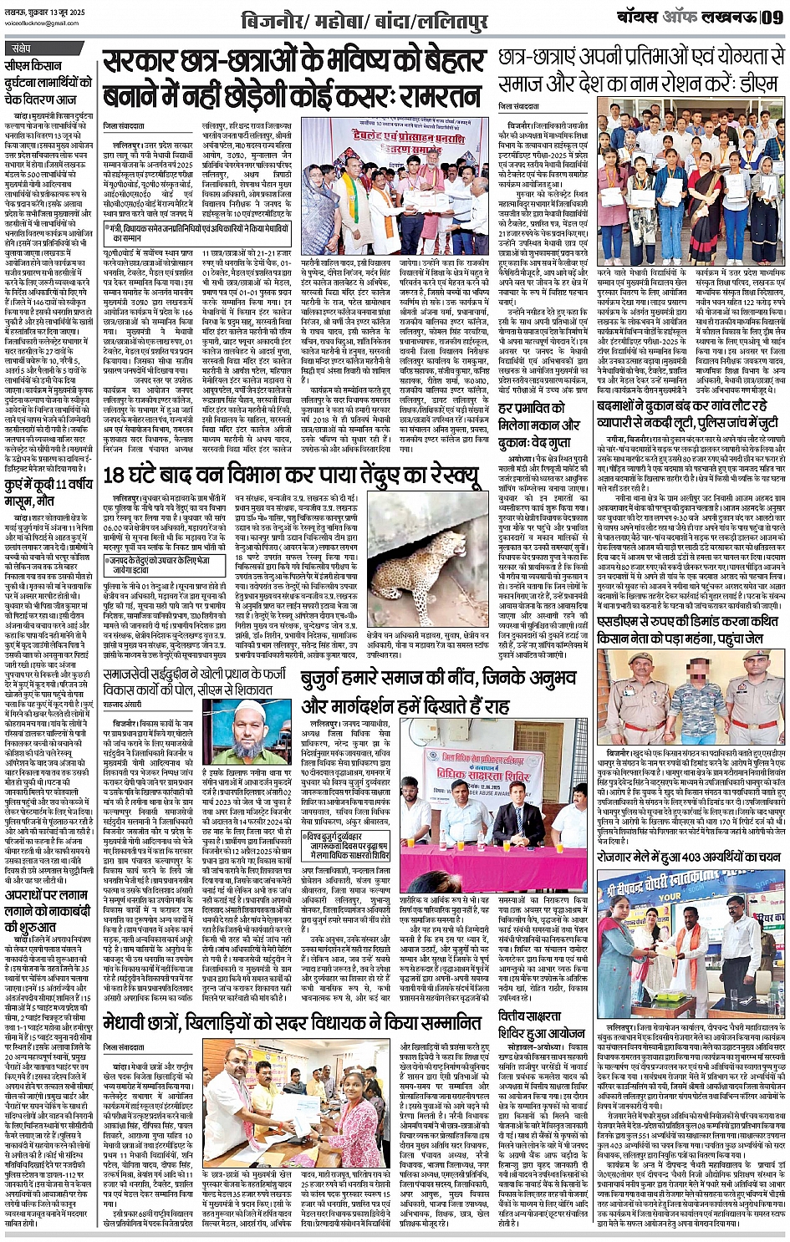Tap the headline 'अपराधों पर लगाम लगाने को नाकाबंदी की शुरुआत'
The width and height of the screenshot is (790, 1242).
point(47,901)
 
